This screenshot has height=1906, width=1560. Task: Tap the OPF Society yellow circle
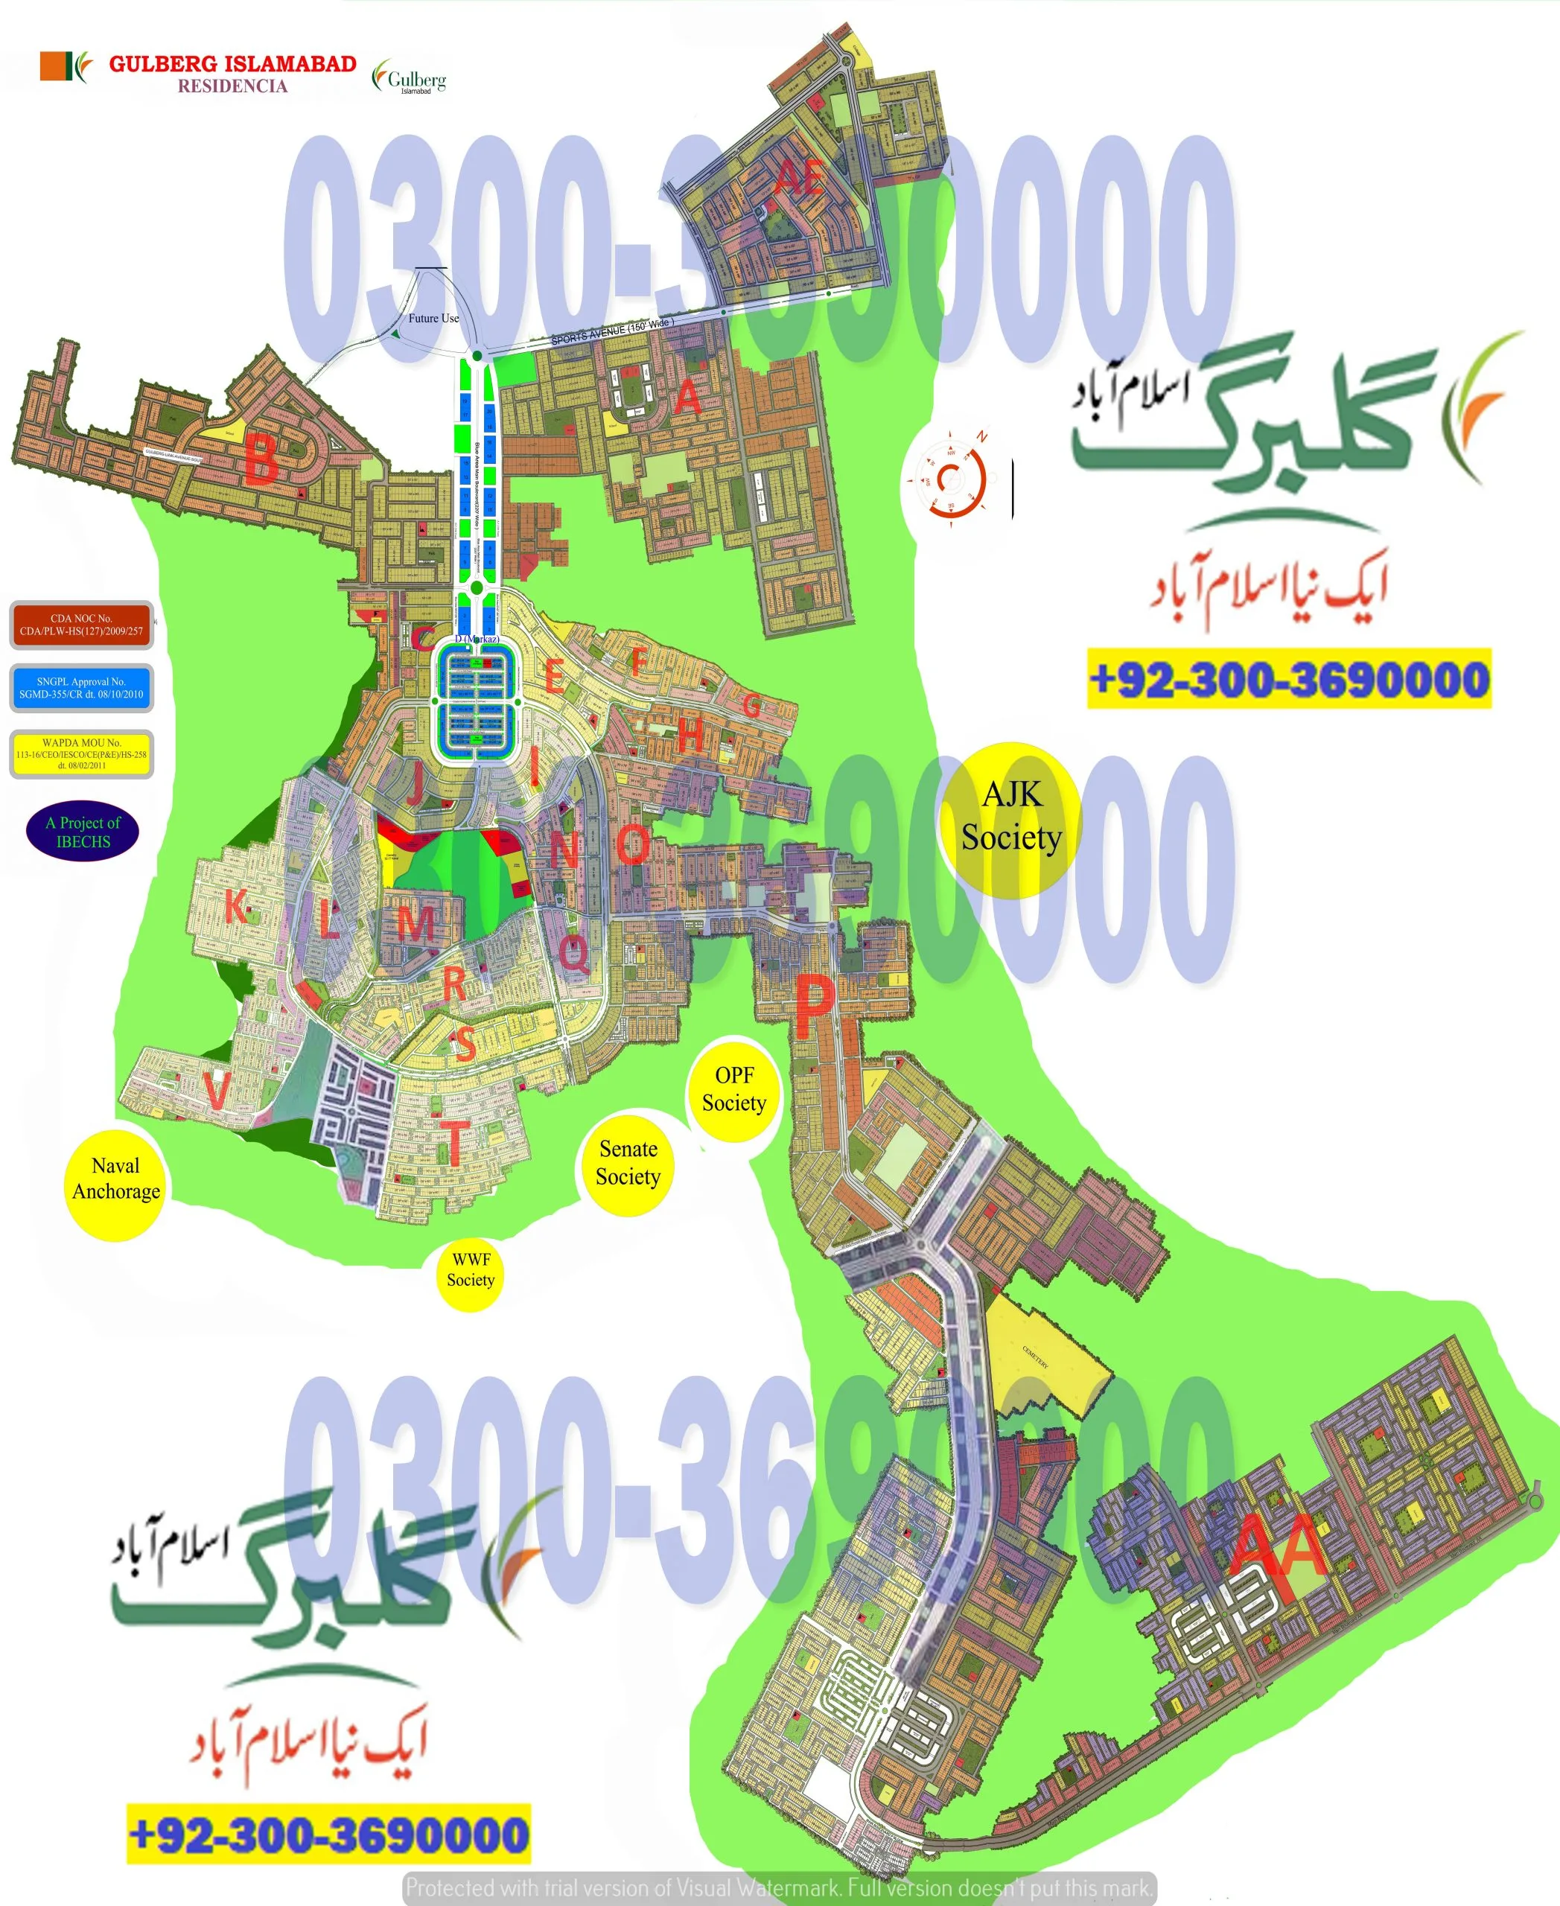[734, 1089]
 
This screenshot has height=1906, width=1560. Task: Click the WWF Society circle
[470, 1269]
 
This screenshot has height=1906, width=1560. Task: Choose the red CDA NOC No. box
[82, 625]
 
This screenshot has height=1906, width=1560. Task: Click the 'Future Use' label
[433, 318]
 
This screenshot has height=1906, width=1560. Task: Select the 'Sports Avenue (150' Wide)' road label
[611, 331]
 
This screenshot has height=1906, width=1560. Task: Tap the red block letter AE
[798, 178]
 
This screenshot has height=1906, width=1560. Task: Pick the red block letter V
[217, 1090]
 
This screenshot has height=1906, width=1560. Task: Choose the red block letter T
[456, 1143]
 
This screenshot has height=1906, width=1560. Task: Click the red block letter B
[261, 459]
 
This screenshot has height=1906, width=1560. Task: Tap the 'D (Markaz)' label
[477, 639]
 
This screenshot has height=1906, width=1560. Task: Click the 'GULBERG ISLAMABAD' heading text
[233, 64]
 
